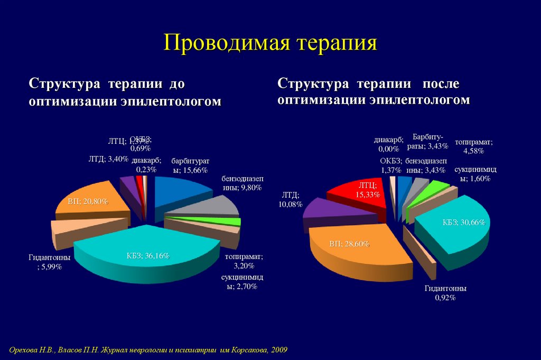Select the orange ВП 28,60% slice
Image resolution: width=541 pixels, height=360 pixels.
coord(354,248)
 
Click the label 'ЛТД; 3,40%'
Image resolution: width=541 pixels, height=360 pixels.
coord(108,159)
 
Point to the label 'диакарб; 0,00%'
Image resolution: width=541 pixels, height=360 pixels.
coord(388,144)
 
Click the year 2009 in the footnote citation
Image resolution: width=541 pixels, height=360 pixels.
coord(280,350)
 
